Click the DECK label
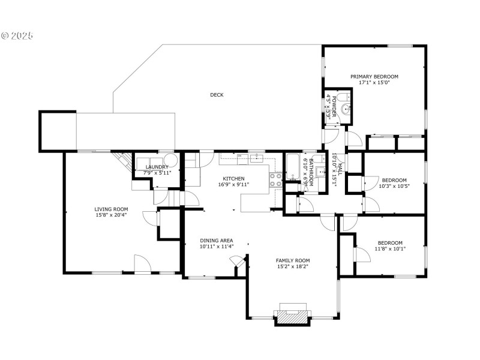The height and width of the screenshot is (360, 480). (x=217, y=95)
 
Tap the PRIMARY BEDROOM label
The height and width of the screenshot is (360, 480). (x=374, y=77)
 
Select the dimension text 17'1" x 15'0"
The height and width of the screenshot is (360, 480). (x=374, y=82)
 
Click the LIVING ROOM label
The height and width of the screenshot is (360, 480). (x=111, y=209)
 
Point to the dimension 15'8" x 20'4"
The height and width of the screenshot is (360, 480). (x=111, y=215)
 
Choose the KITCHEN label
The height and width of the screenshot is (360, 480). (x=233, y=179)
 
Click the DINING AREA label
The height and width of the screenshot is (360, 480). (x=217, y=241)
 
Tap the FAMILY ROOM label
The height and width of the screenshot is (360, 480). (x=293, y=260)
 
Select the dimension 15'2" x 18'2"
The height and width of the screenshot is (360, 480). (x=293, y=266)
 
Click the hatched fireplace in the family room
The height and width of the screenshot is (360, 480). (x=292, y=317)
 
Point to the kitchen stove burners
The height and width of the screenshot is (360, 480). (x=275, y=179)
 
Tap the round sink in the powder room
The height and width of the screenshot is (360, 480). (x=346, y=109)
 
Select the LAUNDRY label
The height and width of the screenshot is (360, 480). (x=157, y=167)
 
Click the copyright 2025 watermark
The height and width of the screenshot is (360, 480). (x=17, y=36)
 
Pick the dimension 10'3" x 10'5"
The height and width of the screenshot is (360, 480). (x=394, y=186)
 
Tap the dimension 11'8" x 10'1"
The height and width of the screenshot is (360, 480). (x=391, y=249)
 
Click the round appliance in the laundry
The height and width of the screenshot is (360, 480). (x=171, y=160)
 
